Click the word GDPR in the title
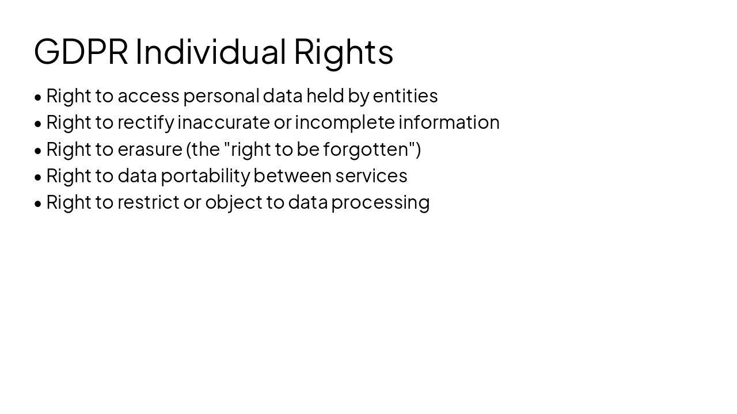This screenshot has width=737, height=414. [81, 51]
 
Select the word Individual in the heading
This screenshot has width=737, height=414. [210, 51]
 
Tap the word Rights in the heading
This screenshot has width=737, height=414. [343, 51]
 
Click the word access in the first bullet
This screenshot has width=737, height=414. [149, 96]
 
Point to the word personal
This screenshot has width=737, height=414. [221, 96]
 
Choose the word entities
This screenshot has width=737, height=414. [405, 96]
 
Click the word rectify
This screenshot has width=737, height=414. [146, 122]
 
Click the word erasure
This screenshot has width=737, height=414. [150, 149]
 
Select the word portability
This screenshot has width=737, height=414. [205, 176]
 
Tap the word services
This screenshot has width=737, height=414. [371, 176]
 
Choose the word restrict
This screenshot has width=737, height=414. [149, 202]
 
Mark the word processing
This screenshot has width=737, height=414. [380, 202]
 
